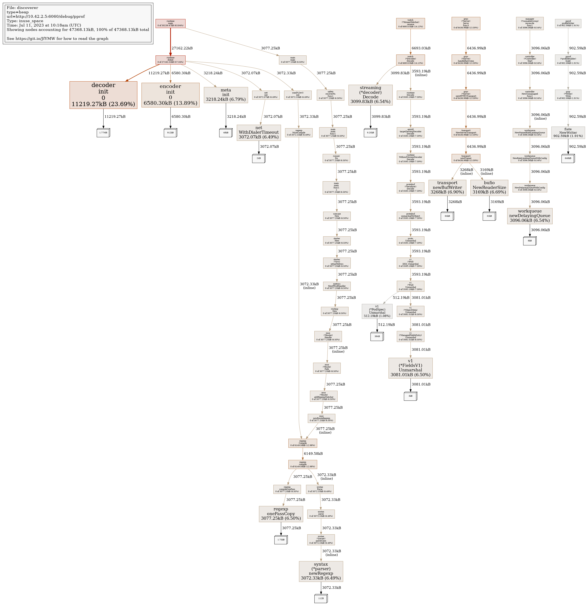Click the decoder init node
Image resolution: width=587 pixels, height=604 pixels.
103,95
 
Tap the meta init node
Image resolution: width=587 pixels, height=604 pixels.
226,95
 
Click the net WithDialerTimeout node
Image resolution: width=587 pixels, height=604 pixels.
259,133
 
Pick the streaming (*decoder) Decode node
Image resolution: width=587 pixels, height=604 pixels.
370,95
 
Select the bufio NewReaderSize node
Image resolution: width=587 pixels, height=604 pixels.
489,188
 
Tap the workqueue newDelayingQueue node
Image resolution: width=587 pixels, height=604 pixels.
530,216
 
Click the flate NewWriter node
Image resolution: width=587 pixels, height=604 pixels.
568,133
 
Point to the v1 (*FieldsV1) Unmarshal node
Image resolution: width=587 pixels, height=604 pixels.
410,368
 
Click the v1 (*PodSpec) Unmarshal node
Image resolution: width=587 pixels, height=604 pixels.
377,311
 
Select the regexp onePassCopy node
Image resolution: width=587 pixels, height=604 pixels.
281,514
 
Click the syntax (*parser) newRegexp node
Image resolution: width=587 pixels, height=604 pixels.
321,571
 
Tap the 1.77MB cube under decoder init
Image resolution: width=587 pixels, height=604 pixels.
103,133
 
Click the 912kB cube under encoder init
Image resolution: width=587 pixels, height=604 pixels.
170,133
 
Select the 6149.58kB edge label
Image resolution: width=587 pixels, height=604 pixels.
313,454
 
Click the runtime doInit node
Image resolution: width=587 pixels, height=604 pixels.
171,60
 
